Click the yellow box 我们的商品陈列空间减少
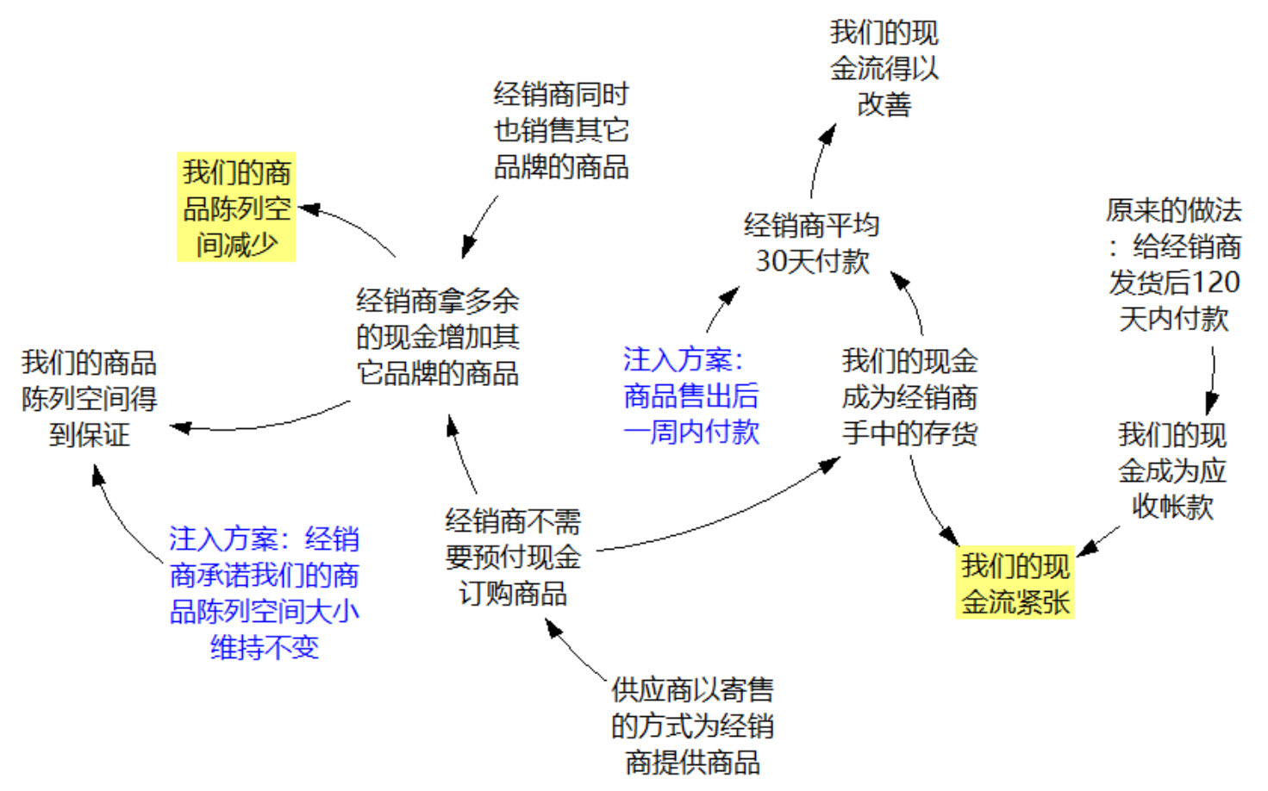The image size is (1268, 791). coord(236,208)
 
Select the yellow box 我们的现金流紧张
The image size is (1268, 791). coord(1015,583)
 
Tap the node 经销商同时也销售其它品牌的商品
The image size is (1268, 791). coord(561,130)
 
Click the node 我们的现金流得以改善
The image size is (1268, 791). coord(884,68)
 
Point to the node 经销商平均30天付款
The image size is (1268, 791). coord(811,243)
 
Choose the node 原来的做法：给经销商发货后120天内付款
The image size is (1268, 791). coord(1173,265)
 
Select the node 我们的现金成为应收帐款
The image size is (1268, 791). coord(1171,470)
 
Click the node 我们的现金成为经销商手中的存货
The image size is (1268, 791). coord(909,396)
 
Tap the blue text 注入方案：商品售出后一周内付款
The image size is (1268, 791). coord(690,395)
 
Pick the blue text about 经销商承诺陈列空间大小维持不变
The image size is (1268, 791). coord(264,593)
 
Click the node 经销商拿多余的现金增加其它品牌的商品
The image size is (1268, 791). coord(437,337)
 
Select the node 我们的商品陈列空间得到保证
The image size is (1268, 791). coord(89,398)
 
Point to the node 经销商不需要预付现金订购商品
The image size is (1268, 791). coord(513,557)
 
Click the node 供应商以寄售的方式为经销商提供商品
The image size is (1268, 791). coord(691,726)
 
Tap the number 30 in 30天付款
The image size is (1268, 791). coord(770,261)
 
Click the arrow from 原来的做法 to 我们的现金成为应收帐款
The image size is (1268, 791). coord(1214,379)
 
